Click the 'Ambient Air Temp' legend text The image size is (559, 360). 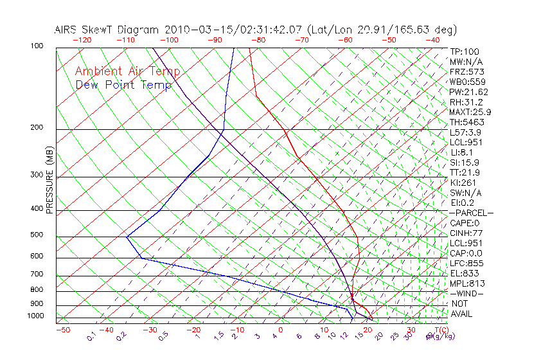[x=127, y=72]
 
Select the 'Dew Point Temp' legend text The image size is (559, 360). [x=123, y=85]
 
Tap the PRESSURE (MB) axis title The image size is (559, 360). [x=49, y=180]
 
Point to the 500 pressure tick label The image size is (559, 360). [x=36, y=235]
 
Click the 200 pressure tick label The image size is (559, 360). [x=36, y=128]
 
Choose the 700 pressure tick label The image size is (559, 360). [x=36, y=274]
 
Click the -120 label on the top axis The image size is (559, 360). [x=82, y=40]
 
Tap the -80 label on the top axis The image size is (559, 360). [x=258, y=40]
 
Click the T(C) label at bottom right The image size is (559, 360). [x=441, y=330]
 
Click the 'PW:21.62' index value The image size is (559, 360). [x=469, y=92]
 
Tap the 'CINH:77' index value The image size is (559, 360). [x=466, y=233]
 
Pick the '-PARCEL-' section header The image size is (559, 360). [x=471, y=213]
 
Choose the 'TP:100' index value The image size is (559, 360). [x=465, y=52]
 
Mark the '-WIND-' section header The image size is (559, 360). [x=467, y=294]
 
